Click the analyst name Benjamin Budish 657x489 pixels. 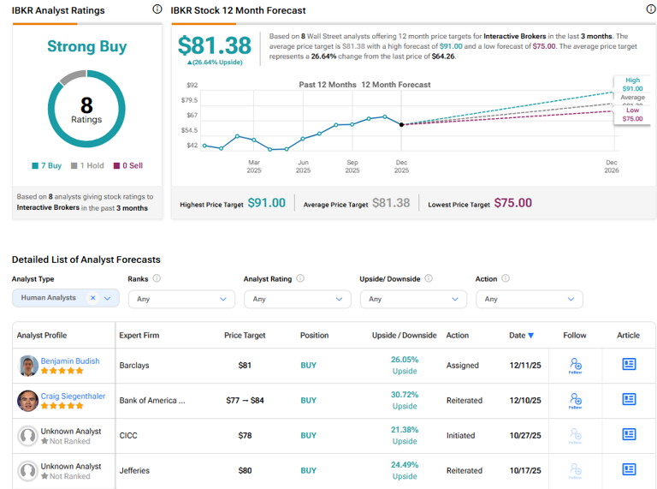[71, 361]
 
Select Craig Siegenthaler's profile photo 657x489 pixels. [28, 400]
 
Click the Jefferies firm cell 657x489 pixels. [135, 470]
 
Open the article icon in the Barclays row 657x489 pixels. [629, 365]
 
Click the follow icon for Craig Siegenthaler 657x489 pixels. [575, 400]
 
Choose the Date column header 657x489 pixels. [521, 336]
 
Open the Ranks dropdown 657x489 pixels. [181, 299]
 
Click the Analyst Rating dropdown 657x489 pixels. [297, 299]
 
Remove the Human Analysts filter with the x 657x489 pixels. [93, 298]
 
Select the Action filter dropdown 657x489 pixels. [529, 299]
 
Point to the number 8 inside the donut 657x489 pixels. [86, 104]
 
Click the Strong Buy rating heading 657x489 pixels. [86, 47]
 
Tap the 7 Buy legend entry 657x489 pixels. [46, 165]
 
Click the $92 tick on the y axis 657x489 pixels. [192, 85]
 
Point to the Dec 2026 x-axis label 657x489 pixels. [612, 166]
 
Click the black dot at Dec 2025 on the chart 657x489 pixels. [401, 124]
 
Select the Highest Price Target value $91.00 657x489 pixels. [266, 203]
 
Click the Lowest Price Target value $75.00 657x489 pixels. [512, 203]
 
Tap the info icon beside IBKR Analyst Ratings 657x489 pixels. [157, 9]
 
